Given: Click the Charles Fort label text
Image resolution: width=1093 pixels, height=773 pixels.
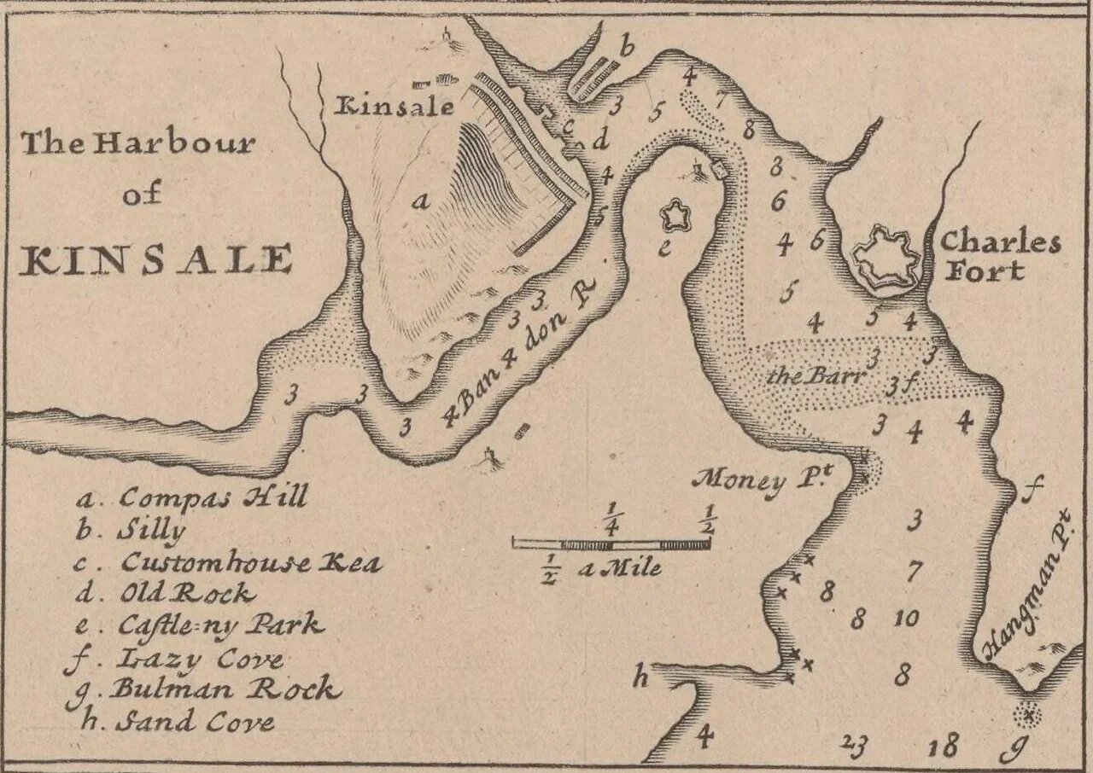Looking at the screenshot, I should [x=999, y=256].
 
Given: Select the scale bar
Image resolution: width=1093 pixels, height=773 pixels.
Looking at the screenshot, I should [x=611, y=543].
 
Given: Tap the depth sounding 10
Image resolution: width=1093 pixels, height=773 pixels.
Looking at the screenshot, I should [x=905, y=618].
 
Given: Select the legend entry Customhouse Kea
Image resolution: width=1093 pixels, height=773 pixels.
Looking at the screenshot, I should [x=231, y=562].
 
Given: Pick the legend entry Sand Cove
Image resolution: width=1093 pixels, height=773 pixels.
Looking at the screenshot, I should [x=179, y=722].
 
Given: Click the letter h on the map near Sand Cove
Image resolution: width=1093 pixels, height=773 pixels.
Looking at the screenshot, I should [x=639, y=679].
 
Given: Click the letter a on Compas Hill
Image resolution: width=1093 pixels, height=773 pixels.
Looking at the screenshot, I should [x=419, y=201].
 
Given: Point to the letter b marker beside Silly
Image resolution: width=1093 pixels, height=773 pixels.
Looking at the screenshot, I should [x=627, y=48].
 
